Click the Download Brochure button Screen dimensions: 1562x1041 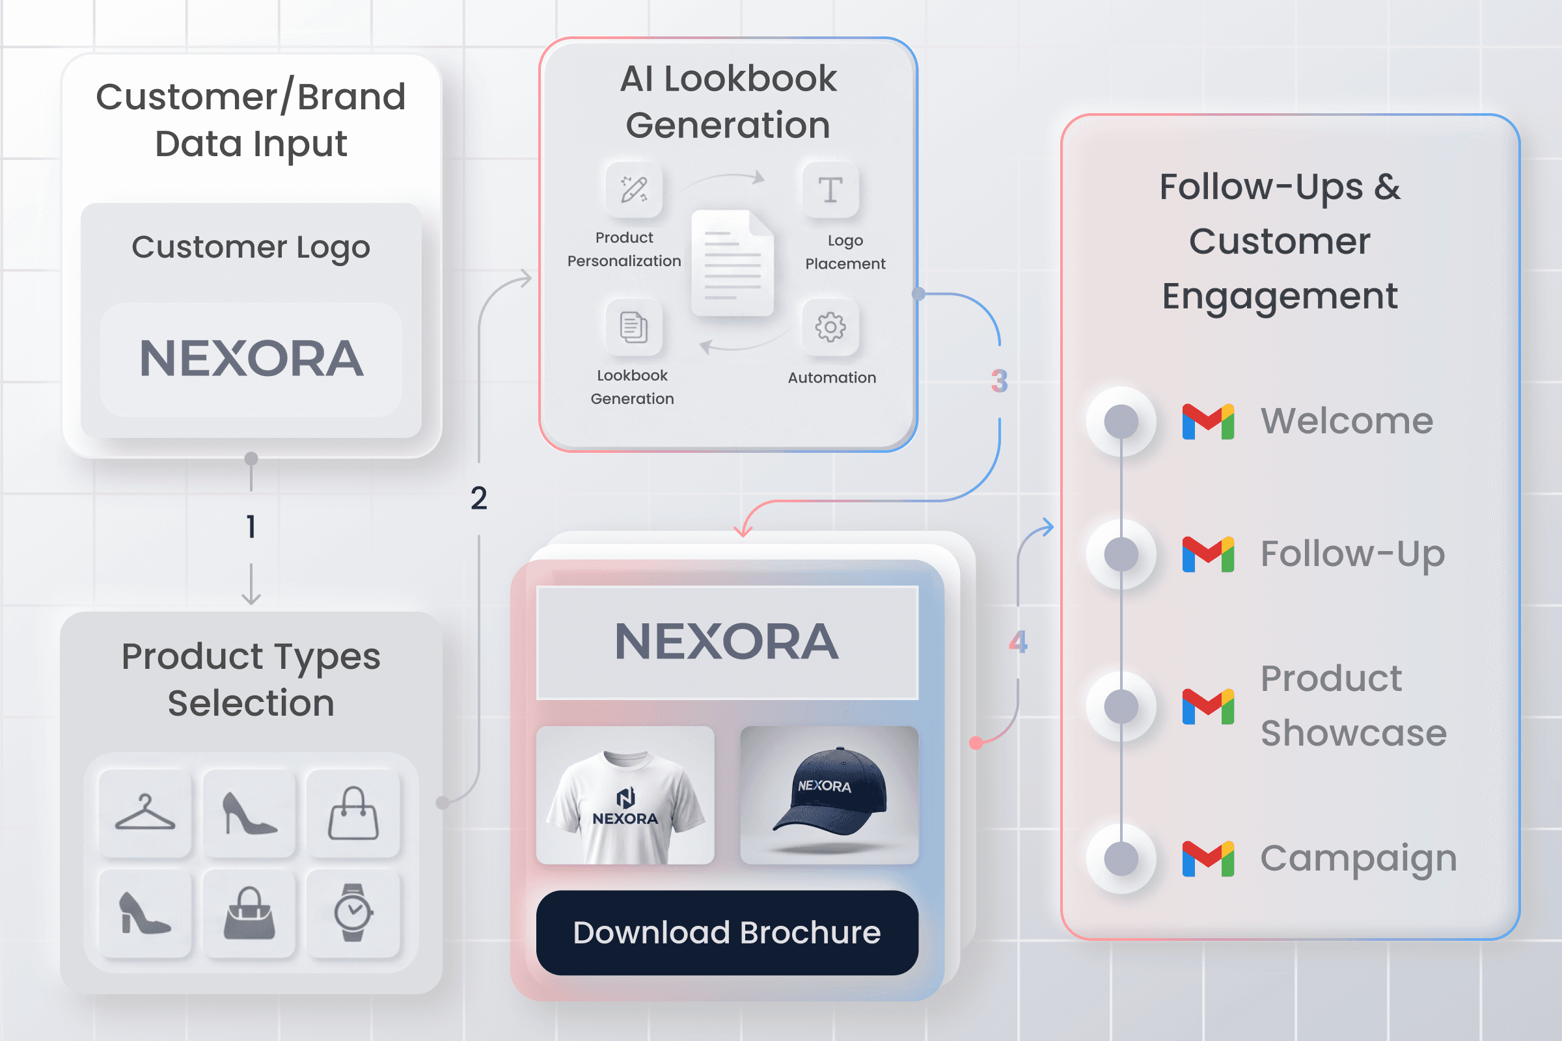pos(727,932)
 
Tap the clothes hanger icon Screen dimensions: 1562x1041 pos(145,813)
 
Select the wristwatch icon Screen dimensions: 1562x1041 pos(353,912)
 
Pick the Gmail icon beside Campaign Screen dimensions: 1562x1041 pos(1208,858)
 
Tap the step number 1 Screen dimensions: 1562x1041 pos(251,526)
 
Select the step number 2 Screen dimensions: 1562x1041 pos(479,498)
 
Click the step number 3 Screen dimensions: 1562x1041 pos(1000,381)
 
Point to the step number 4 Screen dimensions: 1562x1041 pos(1018,642)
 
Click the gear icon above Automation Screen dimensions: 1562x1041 pos(830,327)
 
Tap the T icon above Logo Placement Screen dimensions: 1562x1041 pos(830,190)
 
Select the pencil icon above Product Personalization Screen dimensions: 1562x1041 pos(634,189)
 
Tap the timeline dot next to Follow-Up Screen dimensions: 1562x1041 pos(1121,554)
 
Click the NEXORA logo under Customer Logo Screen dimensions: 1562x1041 pos(252,358)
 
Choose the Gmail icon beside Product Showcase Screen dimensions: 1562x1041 pos(1208,707)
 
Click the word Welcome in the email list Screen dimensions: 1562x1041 pos(1347,421)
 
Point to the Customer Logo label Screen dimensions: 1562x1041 pos(251,248)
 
